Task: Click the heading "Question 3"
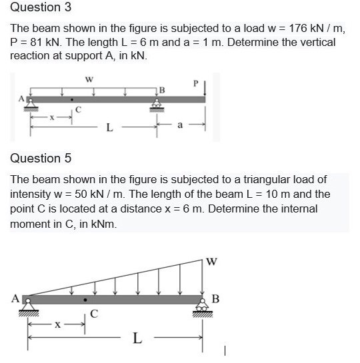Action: pos(40,8)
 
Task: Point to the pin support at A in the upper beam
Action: pos(29,107)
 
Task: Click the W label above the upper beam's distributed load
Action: pos(88,79)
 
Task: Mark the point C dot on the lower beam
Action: pos(85,300)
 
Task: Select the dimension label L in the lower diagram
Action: pos(137,338)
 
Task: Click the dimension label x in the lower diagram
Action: pos(57,326)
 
